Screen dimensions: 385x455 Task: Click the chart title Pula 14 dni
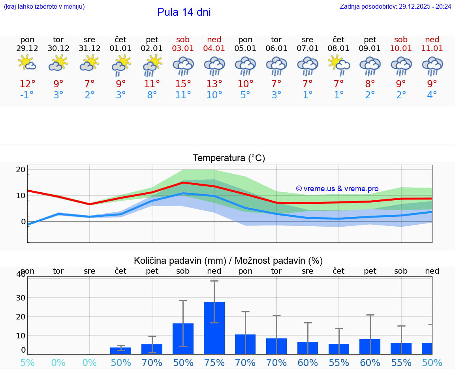[184, 12]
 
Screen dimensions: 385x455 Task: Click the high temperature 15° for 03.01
[183, 84]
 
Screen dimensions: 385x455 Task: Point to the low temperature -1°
[27, 95]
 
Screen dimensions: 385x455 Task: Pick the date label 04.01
[214, 49]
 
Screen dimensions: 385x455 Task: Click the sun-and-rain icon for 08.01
[338, 64]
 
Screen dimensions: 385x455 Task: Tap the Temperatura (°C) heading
[229, 158]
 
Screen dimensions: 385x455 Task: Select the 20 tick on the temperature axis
[21, 169]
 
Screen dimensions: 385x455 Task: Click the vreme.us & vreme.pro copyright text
[337, 189]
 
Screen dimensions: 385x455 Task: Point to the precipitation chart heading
[228, 261]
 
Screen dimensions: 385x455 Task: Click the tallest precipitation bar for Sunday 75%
[214, 328]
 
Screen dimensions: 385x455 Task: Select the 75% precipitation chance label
[214, 363]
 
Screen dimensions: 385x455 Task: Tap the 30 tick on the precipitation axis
[21, 297]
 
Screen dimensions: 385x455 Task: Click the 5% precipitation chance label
[27, 363]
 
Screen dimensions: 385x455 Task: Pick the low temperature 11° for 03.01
[183, 95]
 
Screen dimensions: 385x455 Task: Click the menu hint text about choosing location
[44, 6]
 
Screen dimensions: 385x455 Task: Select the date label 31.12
[90, 49]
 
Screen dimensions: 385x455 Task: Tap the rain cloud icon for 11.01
[432, 66]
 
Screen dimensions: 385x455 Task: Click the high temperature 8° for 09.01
[370, 84]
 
